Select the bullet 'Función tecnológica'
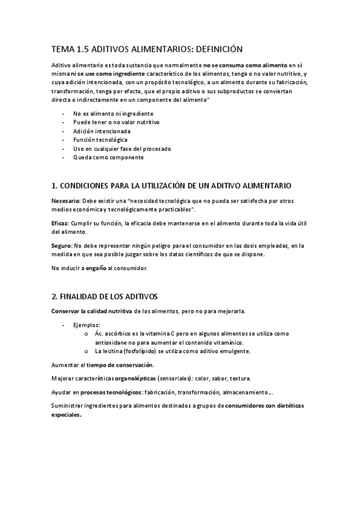[x=100, y=140]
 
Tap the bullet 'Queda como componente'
[x=108, y=157]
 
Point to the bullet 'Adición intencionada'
[x=102, y=131]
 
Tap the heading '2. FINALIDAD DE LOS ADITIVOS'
[x=104, y=296]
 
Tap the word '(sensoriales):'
[x=176, y=378]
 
